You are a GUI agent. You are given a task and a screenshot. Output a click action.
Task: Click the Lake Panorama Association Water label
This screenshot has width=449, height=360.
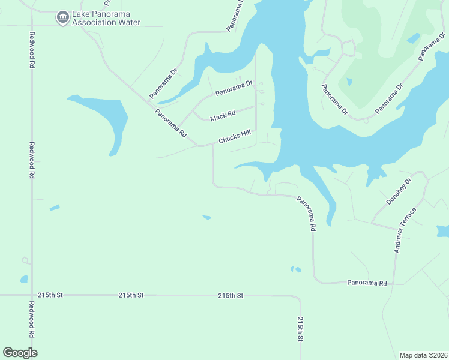click(x=106, y=19)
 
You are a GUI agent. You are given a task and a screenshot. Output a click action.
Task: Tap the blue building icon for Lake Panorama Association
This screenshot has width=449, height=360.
click(x=62, y=18)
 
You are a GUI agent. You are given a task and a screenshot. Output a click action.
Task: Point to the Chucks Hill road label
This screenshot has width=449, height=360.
click(x=234, y=137)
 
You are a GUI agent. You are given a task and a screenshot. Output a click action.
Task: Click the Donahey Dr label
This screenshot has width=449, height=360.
click(x=399, y=191)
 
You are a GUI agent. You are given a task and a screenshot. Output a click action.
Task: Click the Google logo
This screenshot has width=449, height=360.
click(x=20, y=353)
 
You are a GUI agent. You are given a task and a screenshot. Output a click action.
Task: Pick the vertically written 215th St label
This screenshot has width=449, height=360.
click(x=300, y=329)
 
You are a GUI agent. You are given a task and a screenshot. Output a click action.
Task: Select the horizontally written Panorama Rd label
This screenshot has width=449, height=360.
click(x=365, y=282)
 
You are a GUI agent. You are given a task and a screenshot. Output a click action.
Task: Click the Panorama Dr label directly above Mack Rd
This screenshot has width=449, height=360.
click(x=235, y=88)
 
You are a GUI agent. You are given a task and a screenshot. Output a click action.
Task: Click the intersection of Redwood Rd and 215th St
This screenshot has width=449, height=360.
click(x=31, y=295)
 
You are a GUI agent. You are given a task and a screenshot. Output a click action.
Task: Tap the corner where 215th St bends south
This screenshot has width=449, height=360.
click(x=298, y=297)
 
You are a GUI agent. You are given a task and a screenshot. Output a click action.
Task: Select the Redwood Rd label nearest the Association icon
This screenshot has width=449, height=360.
click(x=31, y=45)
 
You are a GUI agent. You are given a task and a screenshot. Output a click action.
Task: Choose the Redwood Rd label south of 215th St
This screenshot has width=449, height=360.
click(x=31, y=320)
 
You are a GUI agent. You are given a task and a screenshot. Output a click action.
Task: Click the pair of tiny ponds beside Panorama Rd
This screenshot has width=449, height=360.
click(x=295, y=269)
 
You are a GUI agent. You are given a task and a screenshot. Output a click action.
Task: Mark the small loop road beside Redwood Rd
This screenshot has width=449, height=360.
click(x=26, y=261)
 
